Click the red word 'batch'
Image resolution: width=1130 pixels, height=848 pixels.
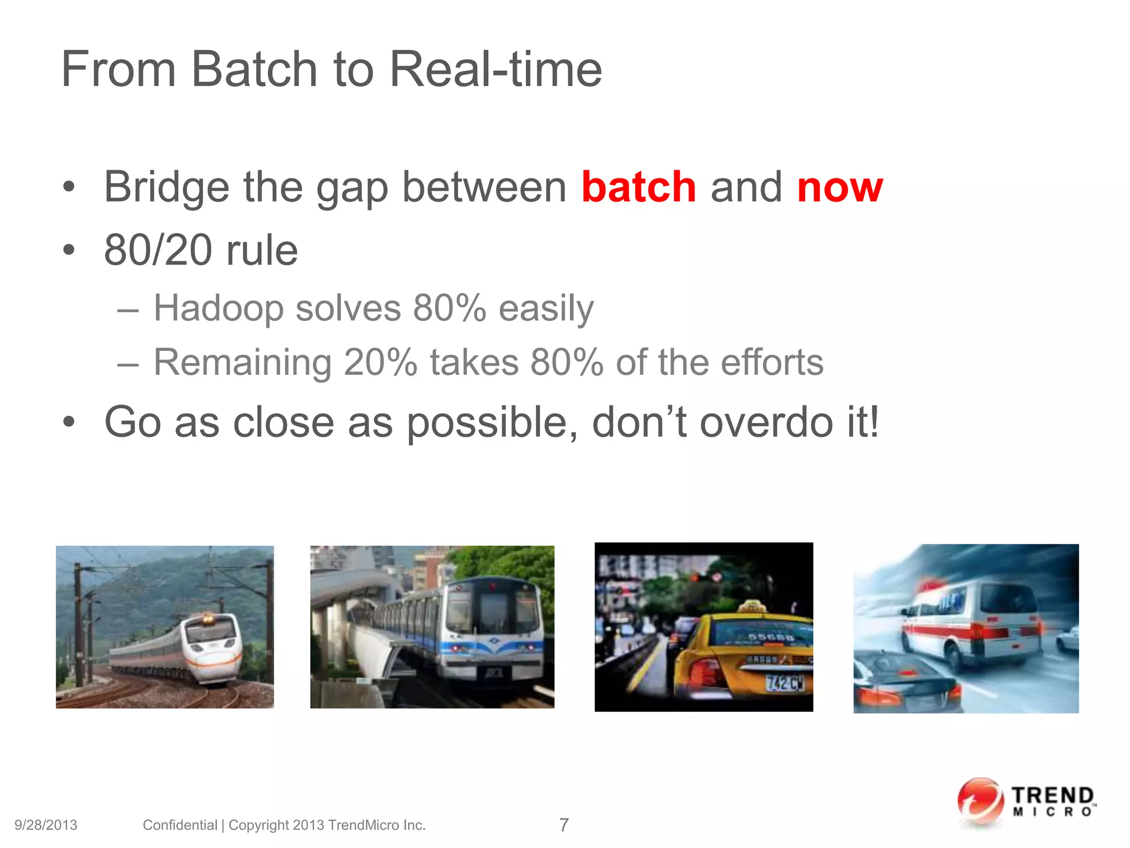coord(638,187)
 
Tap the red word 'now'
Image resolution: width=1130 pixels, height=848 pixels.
coord(840,188)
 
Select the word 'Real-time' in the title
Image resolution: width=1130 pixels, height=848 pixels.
coord(495,70)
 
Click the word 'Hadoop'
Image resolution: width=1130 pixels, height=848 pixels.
coord(218,308)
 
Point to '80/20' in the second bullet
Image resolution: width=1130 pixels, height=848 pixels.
coord(158,250)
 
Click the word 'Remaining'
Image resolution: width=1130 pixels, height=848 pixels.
coord(242,363)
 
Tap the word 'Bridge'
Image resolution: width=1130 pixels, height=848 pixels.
coord(166,188)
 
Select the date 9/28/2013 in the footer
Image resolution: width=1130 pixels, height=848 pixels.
coord(46,825)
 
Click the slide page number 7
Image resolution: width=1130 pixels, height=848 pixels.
coord(563,825)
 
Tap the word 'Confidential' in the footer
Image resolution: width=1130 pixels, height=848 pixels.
coord(180,825)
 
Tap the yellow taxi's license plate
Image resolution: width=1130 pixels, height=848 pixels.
coord(784,683)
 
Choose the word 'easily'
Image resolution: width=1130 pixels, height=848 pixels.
coord(546,308)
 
